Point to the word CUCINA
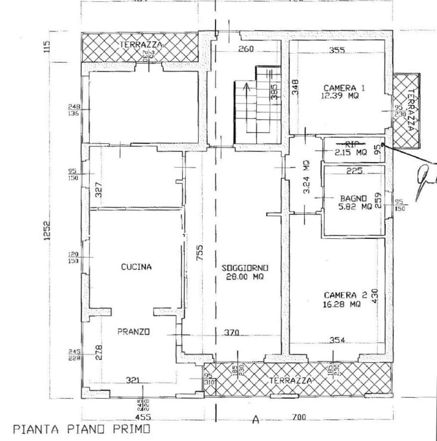(136, 267)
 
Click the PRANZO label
(133, 332)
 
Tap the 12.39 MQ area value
(340, 96)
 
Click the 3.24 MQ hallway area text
(306, 177)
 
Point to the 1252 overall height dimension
(48, 231)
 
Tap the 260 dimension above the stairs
(246, 49)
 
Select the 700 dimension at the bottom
(299, 417)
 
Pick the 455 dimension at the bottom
(143, 417)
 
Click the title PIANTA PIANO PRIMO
(82, 429)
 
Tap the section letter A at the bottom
(256, 419)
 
